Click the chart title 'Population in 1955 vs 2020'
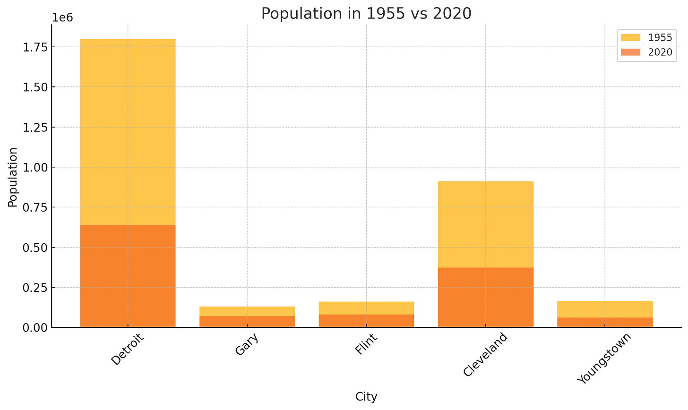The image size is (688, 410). pyautogui.click(x=366, y=14)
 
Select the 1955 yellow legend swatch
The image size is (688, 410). pyautogui.click(x=630, y=37)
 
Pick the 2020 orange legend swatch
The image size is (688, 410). pyautogui.click(x=630, y=52)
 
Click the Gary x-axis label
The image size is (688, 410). pyautogui.click(x=247, y=344)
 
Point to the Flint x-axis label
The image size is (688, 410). pyautogui.click(x=366, y=344)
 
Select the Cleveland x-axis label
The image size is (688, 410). pyautogui.click(x=485, y=354)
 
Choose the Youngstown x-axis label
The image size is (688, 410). pyautogui.click(x=604, y=358)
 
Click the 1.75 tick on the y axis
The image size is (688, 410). pyautogui.click(x=35, y=47)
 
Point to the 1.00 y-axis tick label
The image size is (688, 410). pyautogui.click(x=35, y=167)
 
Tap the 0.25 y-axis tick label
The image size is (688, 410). pyautogui.click(x=35, y=288)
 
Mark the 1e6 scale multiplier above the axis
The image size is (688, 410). pyautogui.click(x=63, y=18)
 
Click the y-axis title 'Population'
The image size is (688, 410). pyautogui.click(x=13, y=177)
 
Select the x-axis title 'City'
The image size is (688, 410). pyautogui.click(x=366, y=397)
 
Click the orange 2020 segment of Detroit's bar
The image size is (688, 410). pyautogui.click(x=128, y=276)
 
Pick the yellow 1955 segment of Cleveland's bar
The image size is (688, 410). pyautogui.click(x=486, y=224)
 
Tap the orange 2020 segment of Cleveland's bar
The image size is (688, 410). pyautogui.click(x=486, y=297)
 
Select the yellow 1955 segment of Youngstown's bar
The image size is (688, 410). pyautogui.click(x=605, y=309)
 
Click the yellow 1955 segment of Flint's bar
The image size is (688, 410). pyautogui.click(x=366, y=308)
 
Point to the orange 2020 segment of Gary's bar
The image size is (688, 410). pyautogui.click(x=247, y=322)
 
